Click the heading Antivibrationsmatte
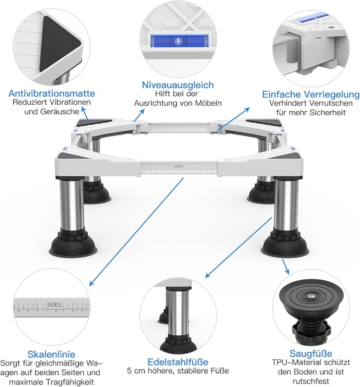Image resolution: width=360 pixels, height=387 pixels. pos(52,93)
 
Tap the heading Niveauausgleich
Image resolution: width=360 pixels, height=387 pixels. pos(178,85)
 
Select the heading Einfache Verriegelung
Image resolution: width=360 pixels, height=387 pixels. pos(310,94)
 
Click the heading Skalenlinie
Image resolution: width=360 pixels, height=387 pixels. pos(51,354)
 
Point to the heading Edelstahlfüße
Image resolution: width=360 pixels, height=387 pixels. pos(178,362)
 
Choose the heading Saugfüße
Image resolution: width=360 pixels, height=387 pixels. pos(310,353)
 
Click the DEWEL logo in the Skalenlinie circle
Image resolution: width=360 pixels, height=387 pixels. pos(55,305)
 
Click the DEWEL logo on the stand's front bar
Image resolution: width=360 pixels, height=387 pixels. pos(179,166)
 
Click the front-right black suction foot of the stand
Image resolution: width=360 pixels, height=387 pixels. pos(285,243)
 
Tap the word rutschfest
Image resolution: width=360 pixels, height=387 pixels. pos(311,381)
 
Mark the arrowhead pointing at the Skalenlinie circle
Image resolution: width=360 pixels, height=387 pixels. pos(91,283)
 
